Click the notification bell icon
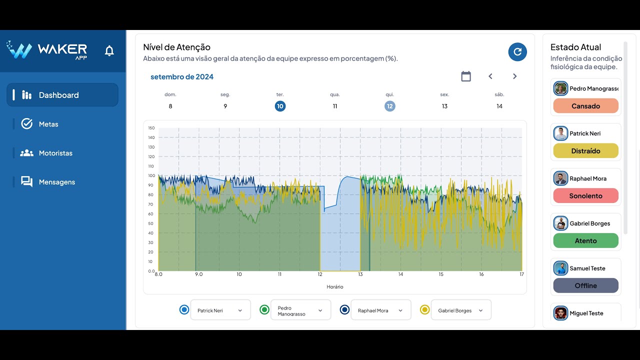pos(109,50)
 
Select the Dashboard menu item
pos(62,95)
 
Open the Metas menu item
pos(48,124)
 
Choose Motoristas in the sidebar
pos(55,153)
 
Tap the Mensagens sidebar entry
pos(56,182)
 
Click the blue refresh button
pos(517,51)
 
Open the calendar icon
pos(466,76)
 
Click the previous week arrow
pos(490,76)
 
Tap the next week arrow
pos(514,76)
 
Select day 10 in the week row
pos(280,106)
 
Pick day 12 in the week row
pos(390,106)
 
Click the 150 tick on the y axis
pos(151,128)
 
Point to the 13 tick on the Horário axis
pos(360,274)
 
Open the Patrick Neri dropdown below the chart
pos(220,310)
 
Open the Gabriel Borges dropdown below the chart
pos(461,310)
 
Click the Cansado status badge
pos(585,106)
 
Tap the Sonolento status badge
pos(585,196)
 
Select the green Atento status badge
pos(585,241)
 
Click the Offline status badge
pos(585,285)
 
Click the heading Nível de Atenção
pos(176,47)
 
